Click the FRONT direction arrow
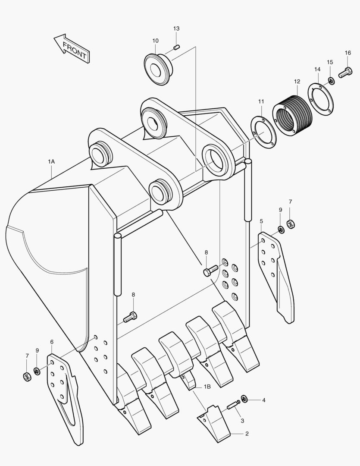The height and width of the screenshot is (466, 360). (x=72, y=48)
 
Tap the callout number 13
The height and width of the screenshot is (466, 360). (x=176, y=28)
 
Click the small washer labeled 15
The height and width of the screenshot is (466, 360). (x=331, y=80)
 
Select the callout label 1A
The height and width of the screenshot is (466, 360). (x=51, y=161)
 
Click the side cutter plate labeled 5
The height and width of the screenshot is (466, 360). (x=277, y=276)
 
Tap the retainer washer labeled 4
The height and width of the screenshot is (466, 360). (x=244, y=398)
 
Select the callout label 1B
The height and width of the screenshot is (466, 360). (x=207, y=387)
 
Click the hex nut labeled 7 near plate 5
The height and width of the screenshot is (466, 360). (x=291, y=224)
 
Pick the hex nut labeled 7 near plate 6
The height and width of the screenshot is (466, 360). (x=27, y=377)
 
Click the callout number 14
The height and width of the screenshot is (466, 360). (x=317, y=69)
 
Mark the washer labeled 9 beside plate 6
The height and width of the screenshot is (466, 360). (x=37, y=371)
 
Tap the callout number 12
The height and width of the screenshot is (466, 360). (x=297, y=81)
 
